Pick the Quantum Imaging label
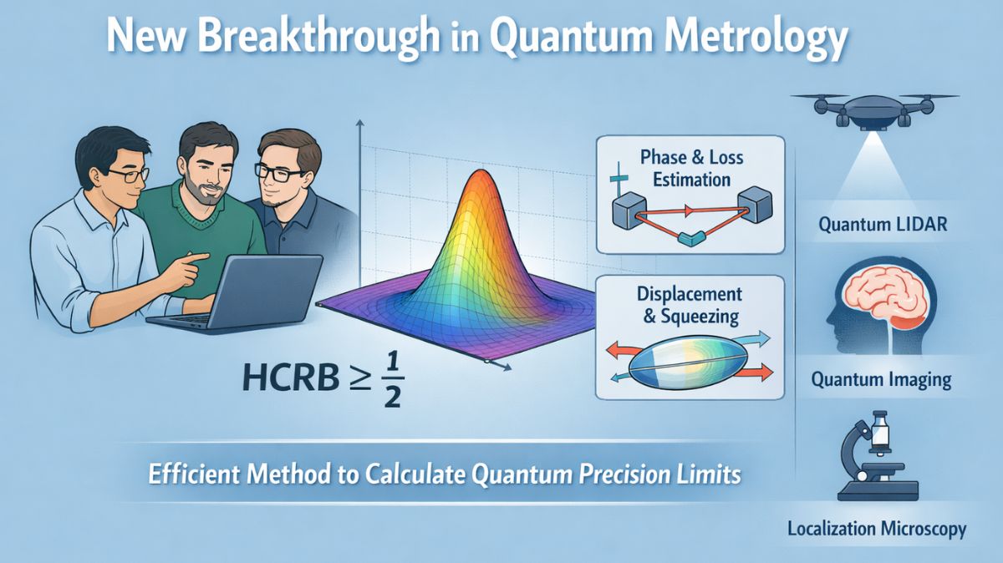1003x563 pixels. (881, 379)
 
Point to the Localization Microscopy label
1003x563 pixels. (877, 529)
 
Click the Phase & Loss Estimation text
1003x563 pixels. (691, 168)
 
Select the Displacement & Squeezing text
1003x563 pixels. (690, 305)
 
